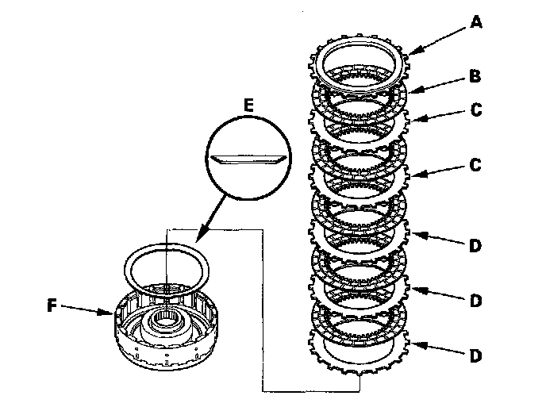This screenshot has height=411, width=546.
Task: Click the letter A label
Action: (x=475, y=22)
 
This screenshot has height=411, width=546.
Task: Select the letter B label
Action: (x=475, y=77)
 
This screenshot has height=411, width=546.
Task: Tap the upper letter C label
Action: (x=475, y=112)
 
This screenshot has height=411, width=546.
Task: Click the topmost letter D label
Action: (x=475, y=246)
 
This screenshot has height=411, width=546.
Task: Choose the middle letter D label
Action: (x=475, y=301)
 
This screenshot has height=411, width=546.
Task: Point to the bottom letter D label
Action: (x=475, y=356)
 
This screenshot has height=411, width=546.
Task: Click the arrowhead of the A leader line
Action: (x=412, y=52)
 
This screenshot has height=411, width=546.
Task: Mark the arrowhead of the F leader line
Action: (x=113, y=313)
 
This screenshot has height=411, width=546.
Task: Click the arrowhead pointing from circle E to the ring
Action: (x=195, y=239)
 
